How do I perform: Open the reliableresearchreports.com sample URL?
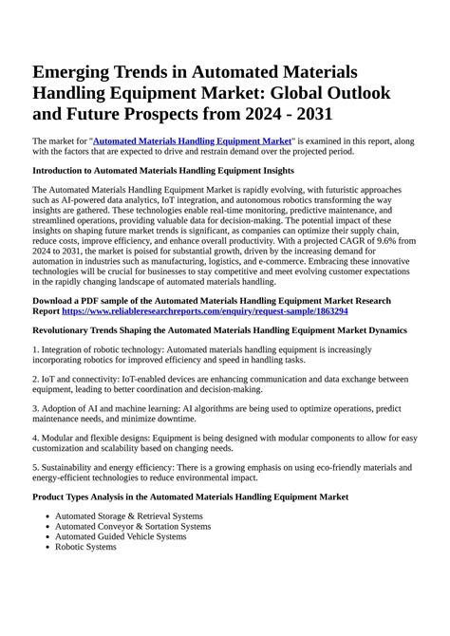point(205,310)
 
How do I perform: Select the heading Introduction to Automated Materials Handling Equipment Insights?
point(163,171)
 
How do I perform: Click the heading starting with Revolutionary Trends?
point(219,330)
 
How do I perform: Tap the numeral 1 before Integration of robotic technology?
point(35,351)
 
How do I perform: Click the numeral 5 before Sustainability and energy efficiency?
point(35,468)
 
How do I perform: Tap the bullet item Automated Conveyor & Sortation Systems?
point(132,526)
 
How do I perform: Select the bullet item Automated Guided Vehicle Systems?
point(121,536)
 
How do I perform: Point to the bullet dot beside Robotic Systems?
point(47,548)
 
